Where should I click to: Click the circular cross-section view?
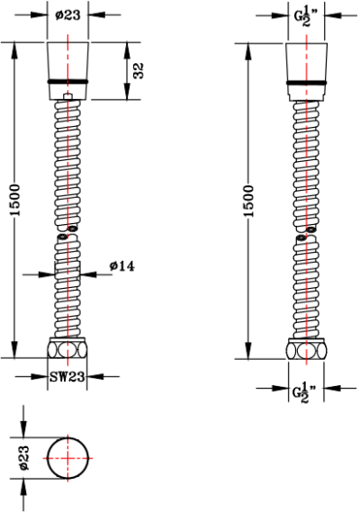pyautogui.click(x=68, y=458)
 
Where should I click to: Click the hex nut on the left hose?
pyautogui.click(x=67, y=349)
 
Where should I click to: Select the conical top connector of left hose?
pyautogui.click(x=67, y=61)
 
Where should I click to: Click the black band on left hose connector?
pyautogui.click(x=67, y=81)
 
